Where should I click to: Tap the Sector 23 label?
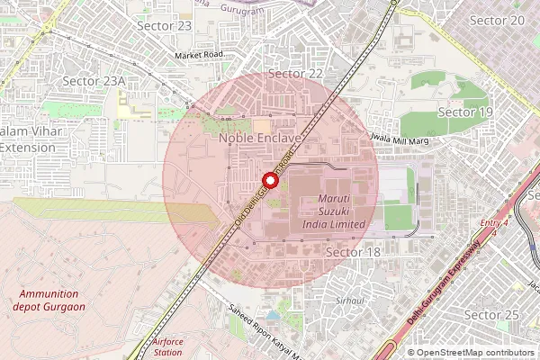click(x=164, y=25)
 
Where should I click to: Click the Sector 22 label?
click(x=296, y=73)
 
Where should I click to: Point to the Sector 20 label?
click(x=498, y=20)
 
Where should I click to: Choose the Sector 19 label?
click(x=464, y=112)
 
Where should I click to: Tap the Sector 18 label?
click(x=353, y=252)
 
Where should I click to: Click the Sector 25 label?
click(x=491, y=314)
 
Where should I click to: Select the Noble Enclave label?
click(x=259, y=140)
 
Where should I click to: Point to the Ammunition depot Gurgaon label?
click(x=49, y=301)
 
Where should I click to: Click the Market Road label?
click(x=199, y=56)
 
